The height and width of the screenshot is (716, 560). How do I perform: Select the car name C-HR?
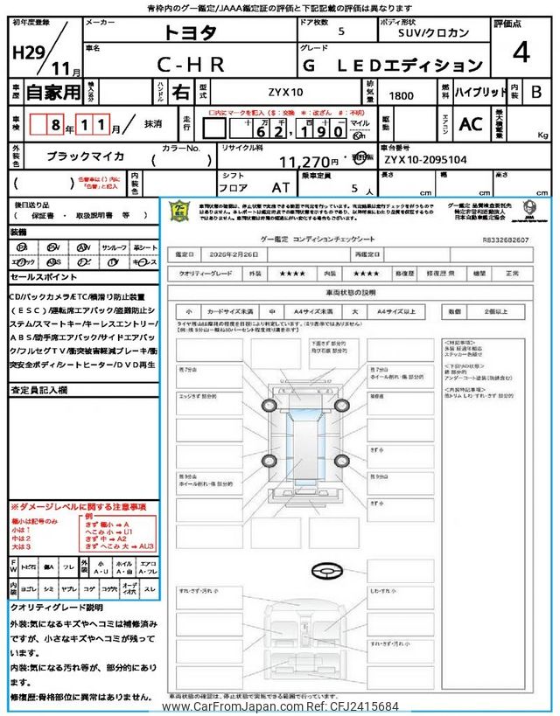coord(191,64)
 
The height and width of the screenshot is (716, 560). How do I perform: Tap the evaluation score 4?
coord(521,53)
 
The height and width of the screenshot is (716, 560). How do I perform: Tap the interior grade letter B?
coord(535,91)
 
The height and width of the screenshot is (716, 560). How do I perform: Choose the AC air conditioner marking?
coord(471,124)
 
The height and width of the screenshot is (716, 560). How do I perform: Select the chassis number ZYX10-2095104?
coord(426,160)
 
